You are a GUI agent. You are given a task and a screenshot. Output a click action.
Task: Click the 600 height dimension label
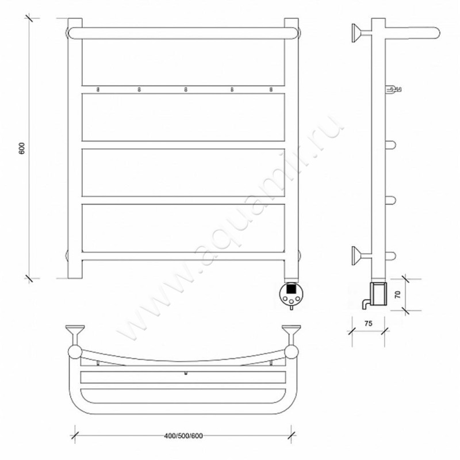[x=22, y=148]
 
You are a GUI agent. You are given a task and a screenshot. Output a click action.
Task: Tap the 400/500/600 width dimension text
[x=183, y=436]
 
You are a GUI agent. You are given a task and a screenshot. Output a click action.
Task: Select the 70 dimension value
[x=398, y=294]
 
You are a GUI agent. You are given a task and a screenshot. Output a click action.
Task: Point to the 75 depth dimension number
[x=368, y=323]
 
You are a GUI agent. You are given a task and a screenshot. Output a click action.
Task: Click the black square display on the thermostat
[x=291, y=289]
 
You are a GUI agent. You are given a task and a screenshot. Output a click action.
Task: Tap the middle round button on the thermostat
[x=291, y=301]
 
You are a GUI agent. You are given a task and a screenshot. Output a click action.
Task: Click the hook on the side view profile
[x=393, y=89]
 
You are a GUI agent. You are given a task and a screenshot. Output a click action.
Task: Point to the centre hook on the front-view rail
[x=185, y=90]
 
